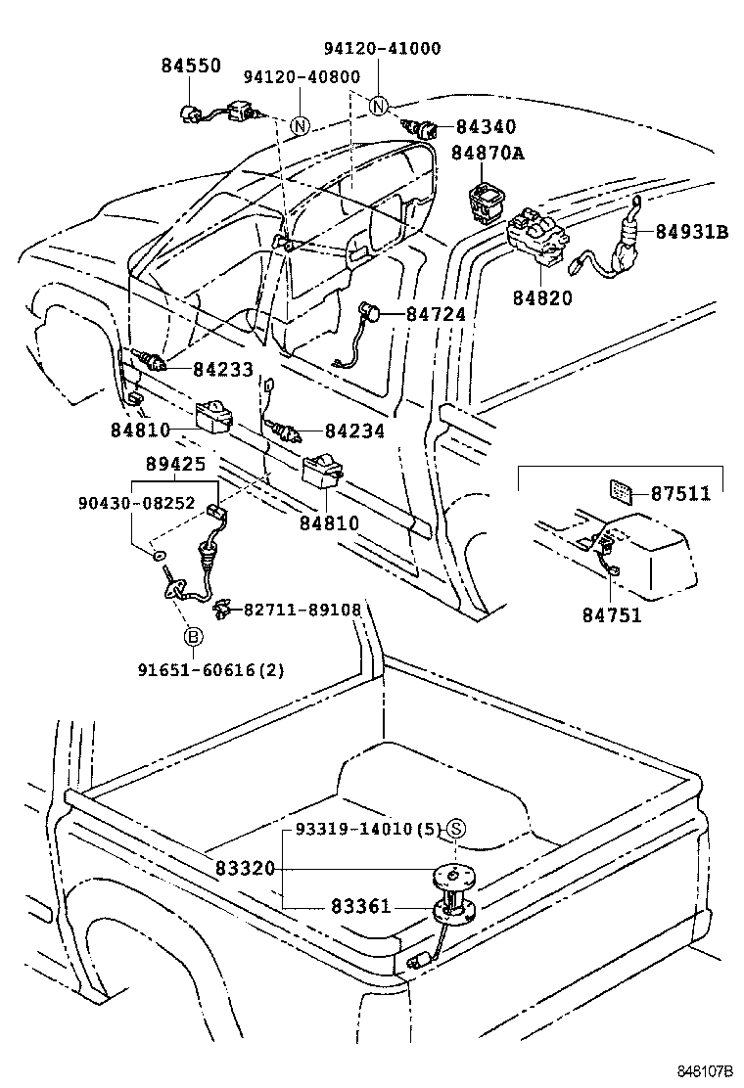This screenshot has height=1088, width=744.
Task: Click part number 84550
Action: (x=191, y=66)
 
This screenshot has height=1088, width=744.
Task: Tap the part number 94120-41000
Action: (x=382, y=48)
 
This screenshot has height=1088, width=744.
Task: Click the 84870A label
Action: (x=488, y=154)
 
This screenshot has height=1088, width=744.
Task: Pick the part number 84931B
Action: (x=692, y=232)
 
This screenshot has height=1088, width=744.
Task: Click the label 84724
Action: (x=437, y=315)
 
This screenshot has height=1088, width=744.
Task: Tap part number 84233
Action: (x=222, y=369)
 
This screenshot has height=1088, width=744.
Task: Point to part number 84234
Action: (x=354, y=431)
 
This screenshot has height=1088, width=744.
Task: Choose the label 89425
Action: (x=175, y=466)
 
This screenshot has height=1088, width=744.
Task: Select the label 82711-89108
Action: (x=302, y=610)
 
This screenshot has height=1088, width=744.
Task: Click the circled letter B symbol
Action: (x=193, y=638)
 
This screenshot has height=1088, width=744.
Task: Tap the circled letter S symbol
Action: (x=457, y=830)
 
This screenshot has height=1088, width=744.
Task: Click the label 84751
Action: (x=612, y=614)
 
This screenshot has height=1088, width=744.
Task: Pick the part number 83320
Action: (x=247, y=869)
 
